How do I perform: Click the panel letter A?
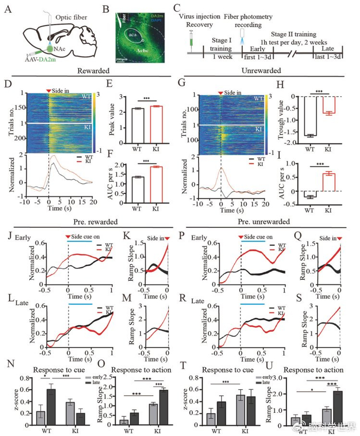[7, 9]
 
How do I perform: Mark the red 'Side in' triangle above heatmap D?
[49, 91]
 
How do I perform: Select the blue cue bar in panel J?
[80, 240]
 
